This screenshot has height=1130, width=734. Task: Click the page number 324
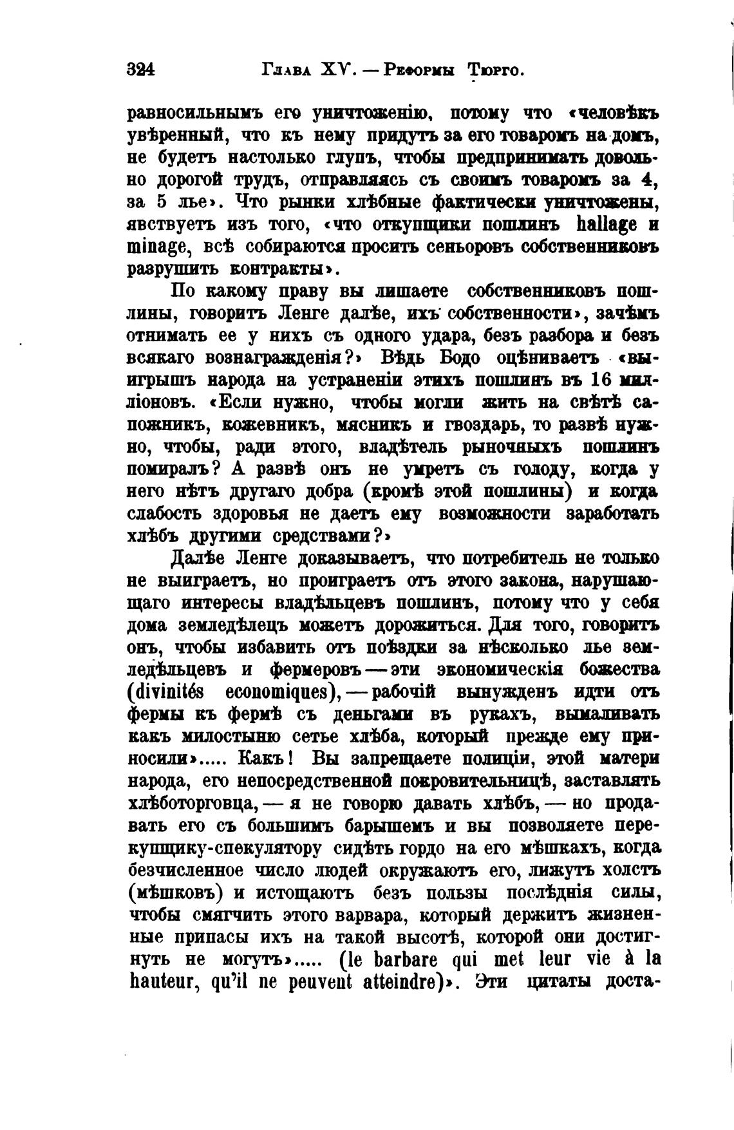(x=142, y=70)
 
